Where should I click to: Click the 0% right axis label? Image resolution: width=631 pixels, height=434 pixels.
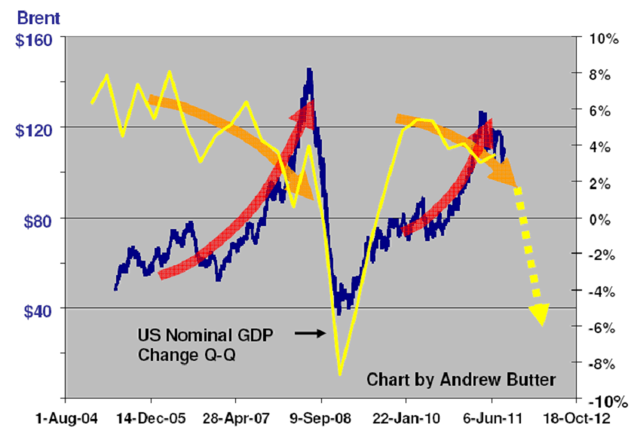click(599, 219)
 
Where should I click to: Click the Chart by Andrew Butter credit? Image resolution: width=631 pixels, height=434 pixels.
click(461, 381)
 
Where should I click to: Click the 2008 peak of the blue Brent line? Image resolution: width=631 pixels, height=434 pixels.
click(309, 69)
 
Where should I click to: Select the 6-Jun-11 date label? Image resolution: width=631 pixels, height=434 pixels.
click(492, 416)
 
